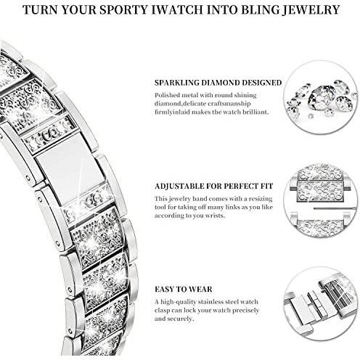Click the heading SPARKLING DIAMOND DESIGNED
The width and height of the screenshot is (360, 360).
click(x=218, y=83)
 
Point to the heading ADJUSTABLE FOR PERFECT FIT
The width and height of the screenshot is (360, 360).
click(x=214, y=186)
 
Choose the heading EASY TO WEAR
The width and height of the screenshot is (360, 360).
click(x=184, y=289)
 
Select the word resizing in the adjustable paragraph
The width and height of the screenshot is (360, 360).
click(x=261, y=199)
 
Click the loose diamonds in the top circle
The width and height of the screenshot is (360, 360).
click(x=321, y=99)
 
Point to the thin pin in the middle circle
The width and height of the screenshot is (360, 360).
click(x=335, y=208)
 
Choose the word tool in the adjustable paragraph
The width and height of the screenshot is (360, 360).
click(x=160, y=207)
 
